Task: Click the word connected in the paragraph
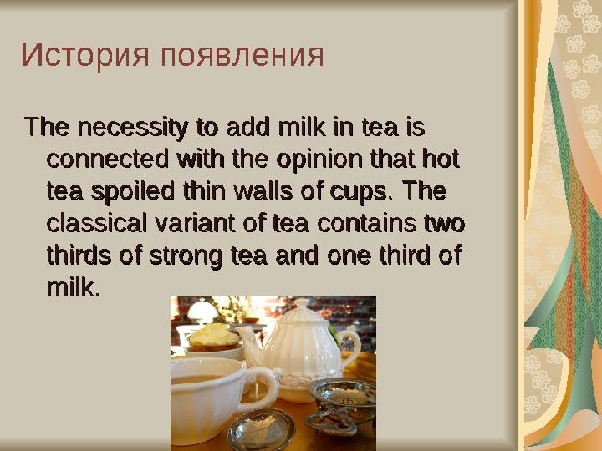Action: (x=105, y=160)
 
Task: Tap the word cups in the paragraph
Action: (x=356, y=192)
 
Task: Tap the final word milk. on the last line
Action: (x=74, y=289)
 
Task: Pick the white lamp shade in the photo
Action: (x=201, y=310)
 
